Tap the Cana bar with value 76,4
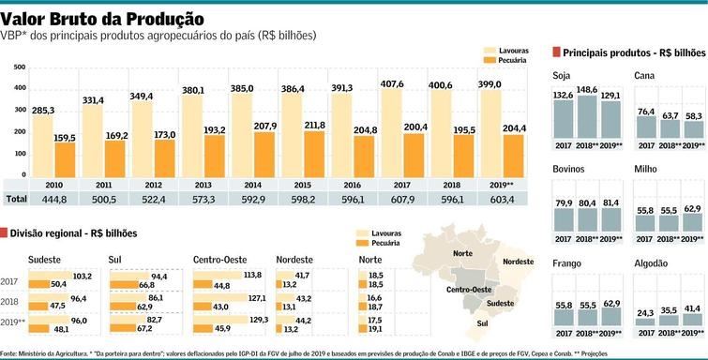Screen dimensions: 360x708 647,127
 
